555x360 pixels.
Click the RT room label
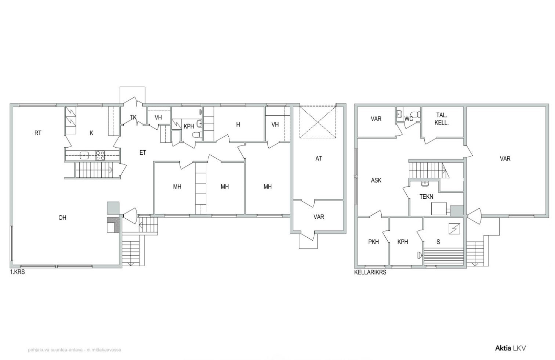click(x=38, y=133)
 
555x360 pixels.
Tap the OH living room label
click(x=62, y=218)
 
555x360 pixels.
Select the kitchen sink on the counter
click(x=84, y=156)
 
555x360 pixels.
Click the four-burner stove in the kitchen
click(x=100, y=155)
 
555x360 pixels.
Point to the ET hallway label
click(x=143, y=152)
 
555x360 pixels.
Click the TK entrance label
click(x=133, y=117)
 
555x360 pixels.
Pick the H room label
click(x=238, y=125)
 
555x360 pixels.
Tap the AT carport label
click(x=319, y=158)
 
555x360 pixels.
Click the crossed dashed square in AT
click(x=318, y=122)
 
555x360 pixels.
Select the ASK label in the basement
click(x=376, y=180)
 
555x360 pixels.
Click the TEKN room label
click(x=426, y=197)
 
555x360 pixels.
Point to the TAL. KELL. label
click(x=442, y=119)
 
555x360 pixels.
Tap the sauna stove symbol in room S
click(x=454, y=229)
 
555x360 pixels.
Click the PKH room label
click(x=373, y=242)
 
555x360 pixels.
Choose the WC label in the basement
click(x=409, y=119)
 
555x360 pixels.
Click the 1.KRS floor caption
click(x=17, y=272)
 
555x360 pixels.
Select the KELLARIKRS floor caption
click(x=370, y=272)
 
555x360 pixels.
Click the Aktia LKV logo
click(x=510, y=348)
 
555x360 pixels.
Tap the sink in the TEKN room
click(x=425, y=184)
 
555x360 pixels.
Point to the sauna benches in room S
click(x=443, y=256)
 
